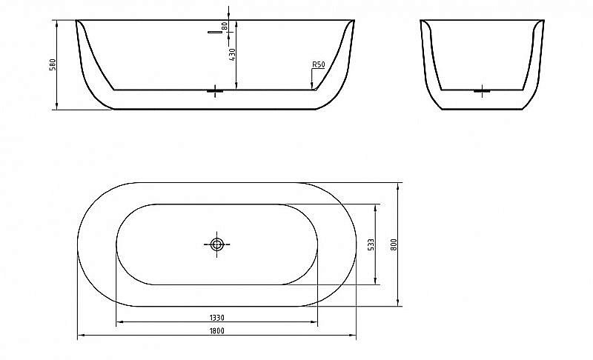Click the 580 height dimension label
52,65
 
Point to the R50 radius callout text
319,65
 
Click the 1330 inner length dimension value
217,317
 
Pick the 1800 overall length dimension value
217,331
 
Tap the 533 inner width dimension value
371,244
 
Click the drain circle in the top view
217,244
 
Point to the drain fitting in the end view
481,91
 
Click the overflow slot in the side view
215,33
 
